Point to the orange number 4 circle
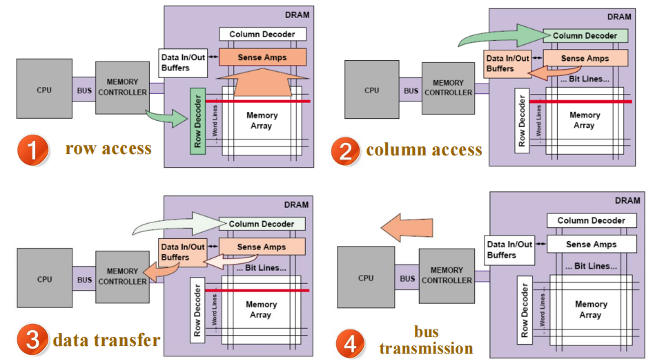point(351,342)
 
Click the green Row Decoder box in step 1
point(198,122)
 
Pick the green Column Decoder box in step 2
point(585,35)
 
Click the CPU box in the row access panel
point(44,89)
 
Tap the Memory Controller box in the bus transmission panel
point(447,276)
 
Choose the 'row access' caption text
point(108,149)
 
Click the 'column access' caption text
point(424,150)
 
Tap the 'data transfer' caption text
point(106,340)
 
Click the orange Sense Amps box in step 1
point(262,57)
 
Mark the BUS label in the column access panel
point(411,90)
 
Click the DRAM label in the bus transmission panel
point(627,200)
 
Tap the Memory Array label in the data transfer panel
point(260,309)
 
